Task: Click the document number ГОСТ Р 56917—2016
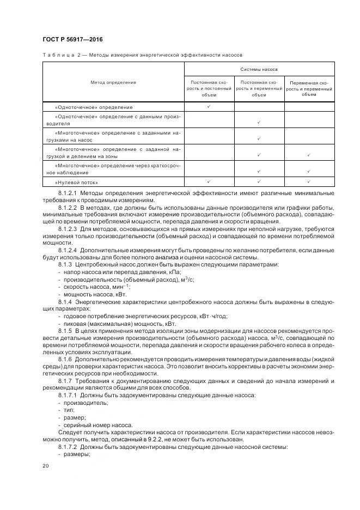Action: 72,40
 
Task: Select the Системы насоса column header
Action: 259,70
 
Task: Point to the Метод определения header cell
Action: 113,82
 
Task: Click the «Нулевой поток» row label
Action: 72,182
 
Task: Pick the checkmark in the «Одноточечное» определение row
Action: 209,107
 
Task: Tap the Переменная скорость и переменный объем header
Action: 309,88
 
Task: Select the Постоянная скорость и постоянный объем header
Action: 209,88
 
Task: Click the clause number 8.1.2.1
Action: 68,193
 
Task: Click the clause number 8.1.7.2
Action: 68,446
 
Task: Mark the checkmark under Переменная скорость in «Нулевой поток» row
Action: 309,182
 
